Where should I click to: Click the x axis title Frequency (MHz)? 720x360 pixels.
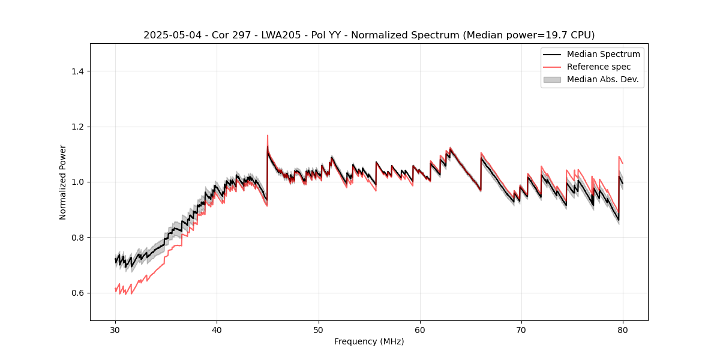pyautogui.click(x=369, y=341)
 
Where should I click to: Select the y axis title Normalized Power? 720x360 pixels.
pyautogui.click(x=63, y=182)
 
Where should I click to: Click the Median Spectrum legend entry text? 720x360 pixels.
pyautogui.click(x=603, y=54)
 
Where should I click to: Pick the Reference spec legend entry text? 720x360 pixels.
pyautogui.click(x=599, y=67)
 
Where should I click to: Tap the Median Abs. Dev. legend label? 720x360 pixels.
pyautogui.click(x=602, y=79)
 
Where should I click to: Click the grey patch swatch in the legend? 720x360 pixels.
pyautogui.click(x=552, y=79)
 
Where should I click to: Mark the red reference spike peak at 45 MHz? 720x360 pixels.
pyautogui.click(x=268, y=136)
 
